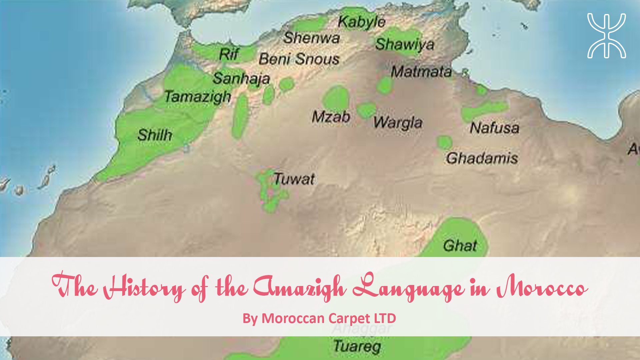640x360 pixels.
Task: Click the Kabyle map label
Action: (362, 22)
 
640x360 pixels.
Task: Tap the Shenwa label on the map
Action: (312, 38)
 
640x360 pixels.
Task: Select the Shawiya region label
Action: (405, 44)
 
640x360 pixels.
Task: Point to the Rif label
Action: (229, 54)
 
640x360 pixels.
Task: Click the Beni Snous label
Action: (299, 59)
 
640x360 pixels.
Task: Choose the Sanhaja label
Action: (241, 79)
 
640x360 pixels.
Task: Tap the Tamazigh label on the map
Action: (198, 97)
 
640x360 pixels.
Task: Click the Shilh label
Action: (155, 135)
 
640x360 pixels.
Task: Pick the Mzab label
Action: (331, 117)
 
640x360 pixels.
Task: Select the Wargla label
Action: (398, 123)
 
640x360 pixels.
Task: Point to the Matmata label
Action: (421, 72)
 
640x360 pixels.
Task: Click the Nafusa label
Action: (494, 128)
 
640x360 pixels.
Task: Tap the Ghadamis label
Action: (482, 158)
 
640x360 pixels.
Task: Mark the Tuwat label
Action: (294, 179)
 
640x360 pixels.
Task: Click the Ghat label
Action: (460, 246)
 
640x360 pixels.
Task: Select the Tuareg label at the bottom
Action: (357, 346)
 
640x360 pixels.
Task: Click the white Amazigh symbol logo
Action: (606, 36)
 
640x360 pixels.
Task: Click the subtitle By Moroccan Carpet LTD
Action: (319, 318)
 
